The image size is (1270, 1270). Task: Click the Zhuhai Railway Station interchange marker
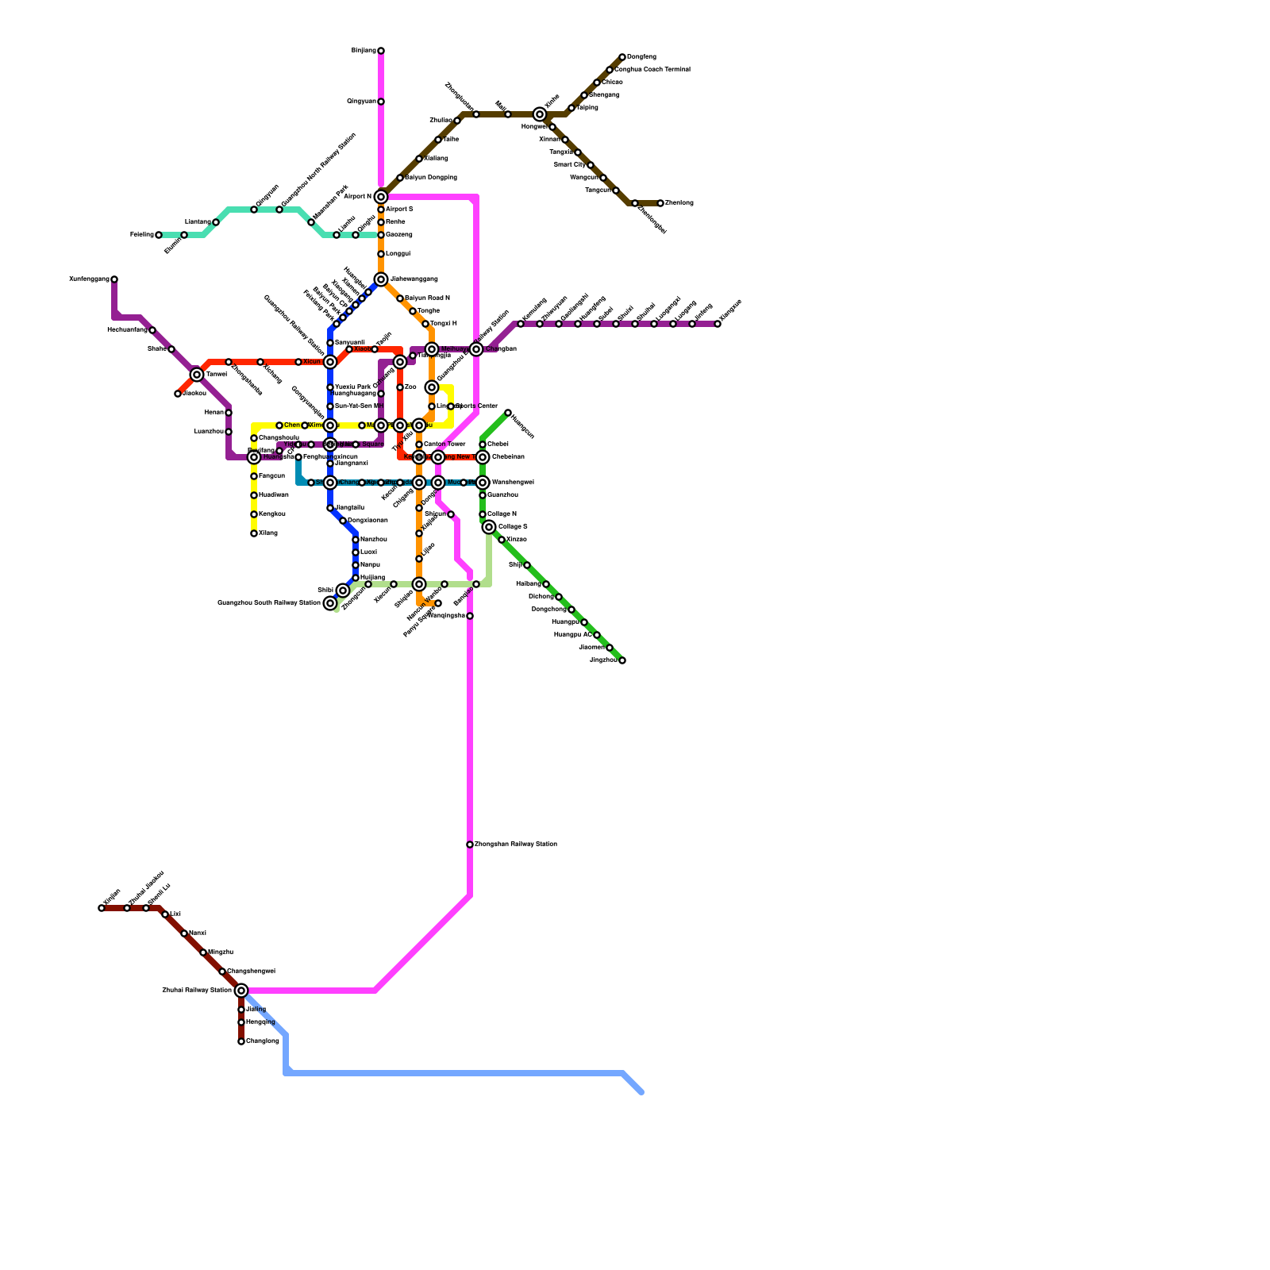click(x=241, y=991)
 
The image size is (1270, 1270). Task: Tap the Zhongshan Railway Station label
click(x=515, y=845)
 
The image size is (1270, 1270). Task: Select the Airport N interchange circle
click(x=381, y=197)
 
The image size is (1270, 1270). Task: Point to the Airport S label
click(x=399, y=210)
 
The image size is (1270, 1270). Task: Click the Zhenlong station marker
click(x=660, y=203)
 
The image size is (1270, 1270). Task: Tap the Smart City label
click(x=569, y=165)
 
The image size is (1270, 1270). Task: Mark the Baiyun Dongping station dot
click(x=400, y=178)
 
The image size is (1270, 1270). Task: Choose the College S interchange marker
click(x=489, y=527)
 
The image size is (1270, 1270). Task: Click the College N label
click(x=502, y=514)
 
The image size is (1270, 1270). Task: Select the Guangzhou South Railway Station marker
click(x=330, y=603)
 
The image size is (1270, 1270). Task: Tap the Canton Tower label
click(x=444, y=444)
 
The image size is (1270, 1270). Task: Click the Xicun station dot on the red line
click(x=298, y=362)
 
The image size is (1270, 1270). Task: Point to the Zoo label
click(x=410, y=387)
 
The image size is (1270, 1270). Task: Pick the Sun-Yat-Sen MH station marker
click(x=330, y=406)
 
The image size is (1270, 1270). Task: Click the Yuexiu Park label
click(x=352, y=387)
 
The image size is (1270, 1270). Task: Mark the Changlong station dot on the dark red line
click(x=241, y=1041)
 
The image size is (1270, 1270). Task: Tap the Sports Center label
click(x=477, y=406)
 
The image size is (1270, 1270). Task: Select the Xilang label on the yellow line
click(x=267, y=533)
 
